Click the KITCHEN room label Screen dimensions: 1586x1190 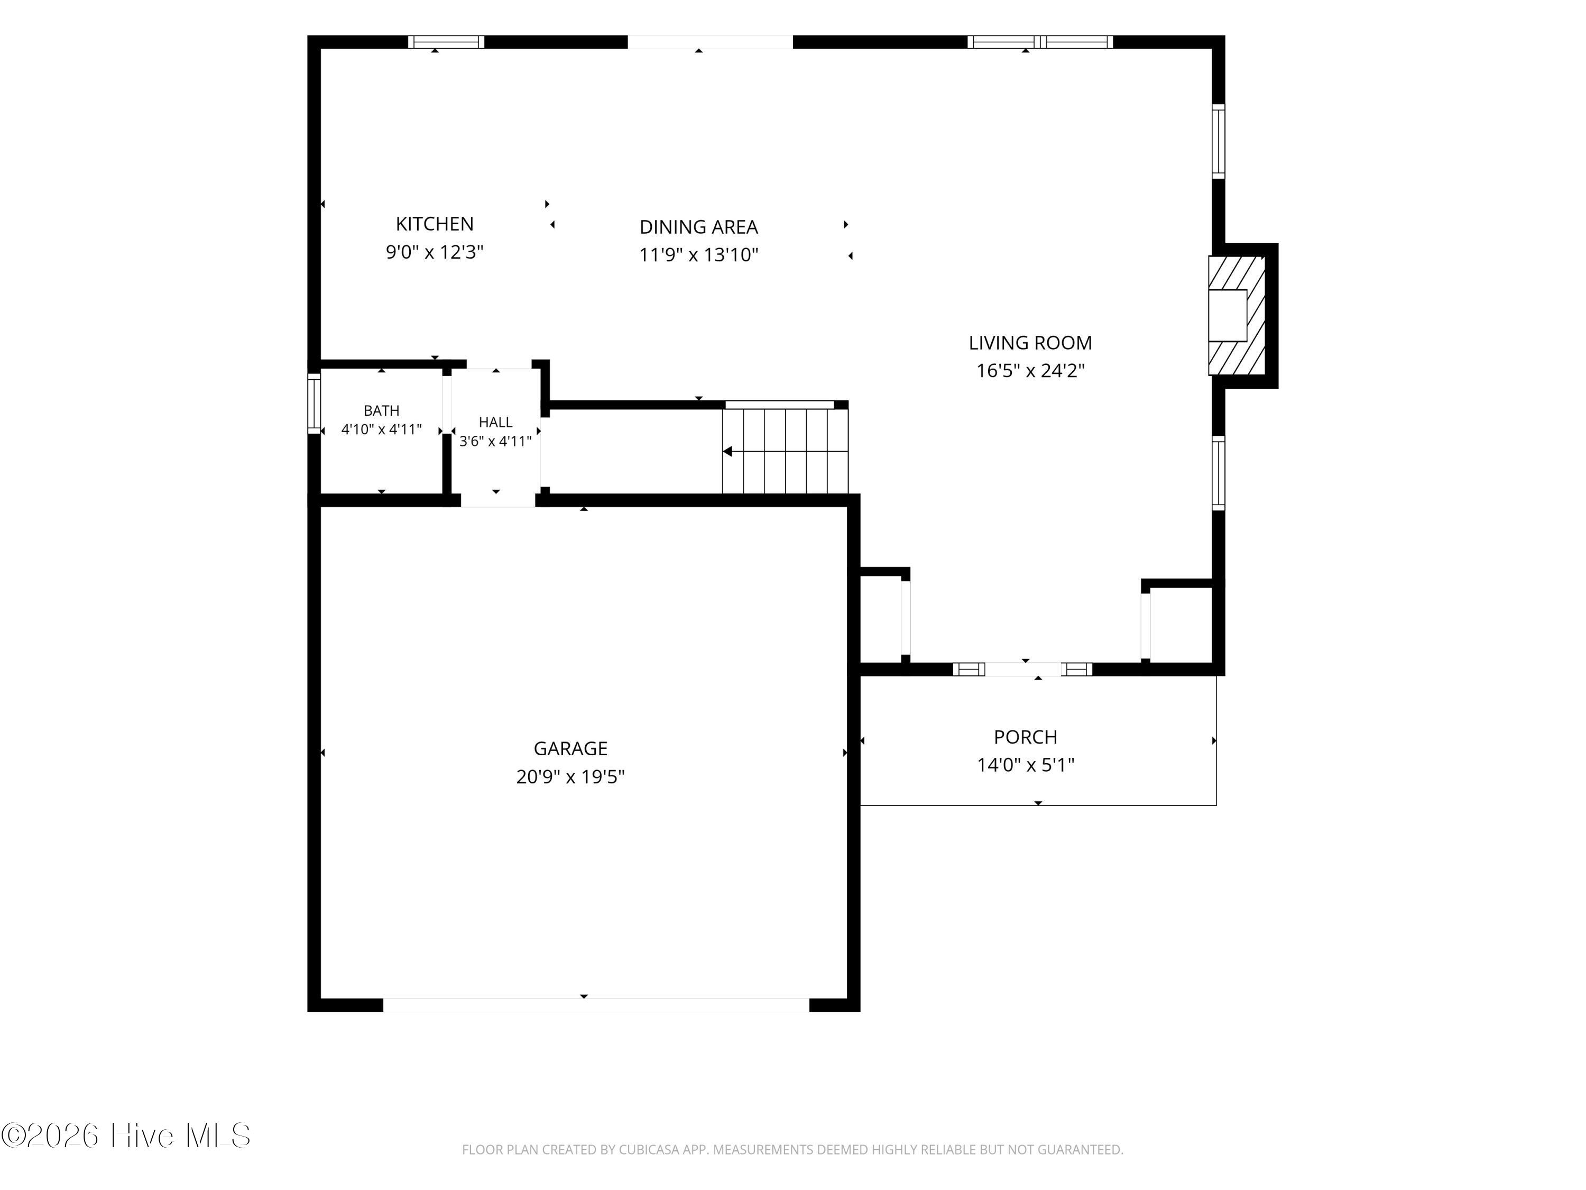coord(435,224)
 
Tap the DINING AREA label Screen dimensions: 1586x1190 coord(698,227)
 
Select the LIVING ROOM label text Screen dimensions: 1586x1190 coord(1030,343)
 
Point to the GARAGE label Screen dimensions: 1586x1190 coord(571,748)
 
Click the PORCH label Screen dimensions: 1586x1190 coord(1025,737)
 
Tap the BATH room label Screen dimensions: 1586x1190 coord(382,410)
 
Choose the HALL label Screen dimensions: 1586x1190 coord(495,422)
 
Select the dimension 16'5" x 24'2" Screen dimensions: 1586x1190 coord(1030,371)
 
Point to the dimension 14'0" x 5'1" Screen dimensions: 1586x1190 coord(1025,765)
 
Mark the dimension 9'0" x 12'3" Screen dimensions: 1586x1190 coord(435,252)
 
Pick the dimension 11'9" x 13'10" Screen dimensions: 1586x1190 coord(698,254)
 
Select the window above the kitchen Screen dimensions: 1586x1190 coord(446,42)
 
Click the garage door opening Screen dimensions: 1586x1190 coord(596,1004)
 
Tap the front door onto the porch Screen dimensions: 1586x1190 coord(1023,669)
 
